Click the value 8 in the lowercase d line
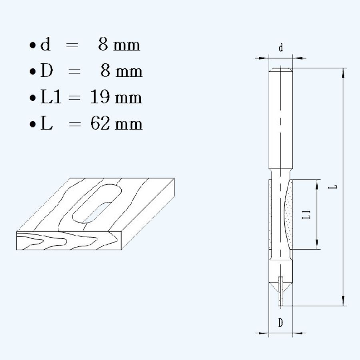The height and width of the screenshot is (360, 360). click(x=103, y=45)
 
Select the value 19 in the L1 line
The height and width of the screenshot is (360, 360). click(x=100, y=97)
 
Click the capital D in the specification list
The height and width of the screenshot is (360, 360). click(x=47, y=71)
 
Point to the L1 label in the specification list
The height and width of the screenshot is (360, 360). click(x=51, y=97)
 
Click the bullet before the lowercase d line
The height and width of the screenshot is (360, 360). click(x=32, y=46)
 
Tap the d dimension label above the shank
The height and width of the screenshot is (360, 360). click(x=281, y=48)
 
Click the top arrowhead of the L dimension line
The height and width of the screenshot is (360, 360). click(x=343, y=72)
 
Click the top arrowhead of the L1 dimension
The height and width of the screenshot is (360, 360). click(x=317, y=183)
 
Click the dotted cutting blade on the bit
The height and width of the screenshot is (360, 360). click(x=289, y=214)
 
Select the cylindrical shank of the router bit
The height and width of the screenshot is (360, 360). click(x=281, y=120)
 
